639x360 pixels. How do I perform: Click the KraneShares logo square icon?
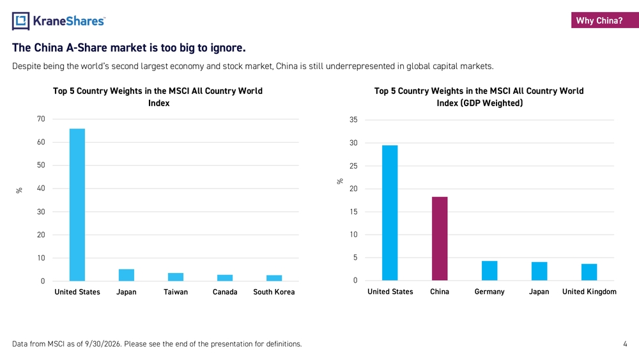[21, 21]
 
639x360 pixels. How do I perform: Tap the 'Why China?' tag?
[604, 20]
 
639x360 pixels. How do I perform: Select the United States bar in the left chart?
[77, 205]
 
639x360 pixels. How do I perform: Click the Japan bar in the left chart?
[127, 275]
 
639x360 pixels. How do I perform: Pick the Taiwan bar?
[176, 277]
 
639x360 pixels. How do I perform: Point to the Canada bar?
[225, 278]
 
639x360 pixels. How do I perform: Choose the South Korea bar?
[274, 278]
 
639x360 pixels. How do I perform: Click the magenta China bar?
[440, 239]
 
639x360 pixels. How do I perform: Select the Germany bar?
[489, 270]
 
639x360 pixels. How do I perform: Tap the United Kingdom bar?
[589, 272]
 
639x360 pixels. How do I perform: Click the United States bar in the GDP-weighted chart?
[390, 213]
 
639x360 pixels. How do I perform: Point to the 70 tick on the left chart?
[41, 119]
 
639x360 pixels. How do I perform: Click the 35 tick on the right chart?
[353, 120]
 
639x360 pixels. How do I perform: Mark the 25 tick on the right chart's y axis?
[353, 166]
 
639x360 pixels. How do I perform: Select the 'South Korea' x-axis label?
[274, 292]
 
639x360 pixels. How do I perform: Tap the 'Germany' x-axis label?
[489, 292]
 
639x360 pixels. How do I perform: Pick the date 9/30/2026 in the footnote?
[103, 344]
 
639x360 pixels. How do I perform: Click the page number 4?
[625, 344]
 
